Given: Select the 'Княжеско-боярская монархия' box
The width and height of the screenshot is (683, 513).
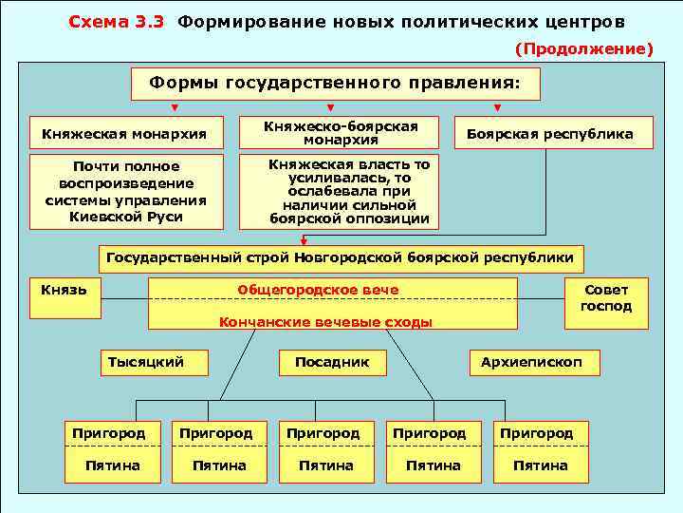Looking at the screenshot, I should pyautogui.click(x=340, y=133).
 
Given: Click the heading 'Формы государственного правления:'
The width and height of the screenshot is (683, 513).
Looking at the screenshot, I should pyautogui.click(x=335, y=84).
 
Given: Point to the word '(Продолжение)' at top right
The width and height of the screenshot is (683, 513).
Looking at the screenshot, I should pyautogui.click(x=583, y=47).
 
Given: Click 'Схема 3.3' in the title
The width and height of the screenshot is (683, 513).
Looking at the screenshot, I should pyautogui.click(x=118, y=21).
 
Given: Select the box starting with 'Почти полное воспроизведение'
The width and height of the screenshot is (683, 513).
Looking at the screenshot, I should pyautogui.click(x=125, y=192).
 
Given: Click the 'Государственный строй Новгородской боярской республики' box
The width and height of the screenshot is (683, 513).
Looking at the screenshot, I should pyautogui.click(x=341, y=257).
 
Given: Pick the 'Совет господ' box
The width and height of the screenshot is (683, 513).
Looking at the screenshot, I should pyautogui.click(x=605, y=298).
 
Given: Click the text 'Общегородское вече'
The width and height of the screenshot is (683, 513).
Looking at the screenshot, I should pyautogui.click(x=318, y=290).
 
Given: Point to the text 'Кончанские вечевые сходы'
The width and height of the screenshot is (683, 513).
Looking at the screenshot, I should pyautogui.click(x=325, y=322).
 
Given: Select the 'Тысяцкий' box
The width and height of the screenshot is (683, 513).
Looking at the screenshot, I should pyautogui.click(x=146, y=362).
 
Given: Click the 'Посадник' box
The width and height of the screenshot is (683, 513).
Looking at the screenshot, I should pyautogui.click(x=332, y=362).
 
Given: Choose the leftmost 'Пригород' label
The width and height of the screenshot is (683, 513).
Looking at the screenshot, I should pyautogui.click(x=109, y=433).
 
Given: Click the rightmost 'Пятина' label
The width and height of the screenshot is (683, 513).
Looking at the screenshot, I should pyautogui.click(x=540, y=465).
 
